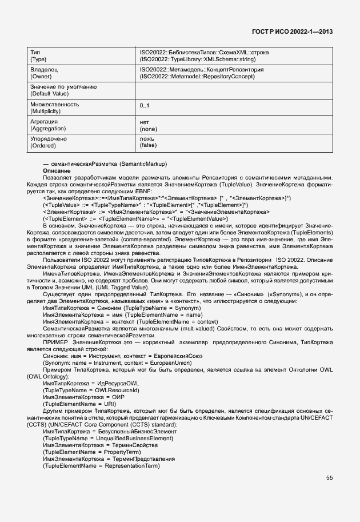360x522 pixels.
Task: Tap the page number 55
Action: point(329,478)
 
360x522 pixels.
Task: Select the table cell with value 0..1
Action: point(145,106)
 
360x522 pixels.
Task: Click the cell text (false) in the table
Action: point(148,145)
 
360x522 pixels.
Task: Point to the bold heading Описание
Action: point(57,171)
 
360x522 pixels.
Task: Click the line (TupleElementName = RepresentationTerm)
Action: point(101,465)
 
